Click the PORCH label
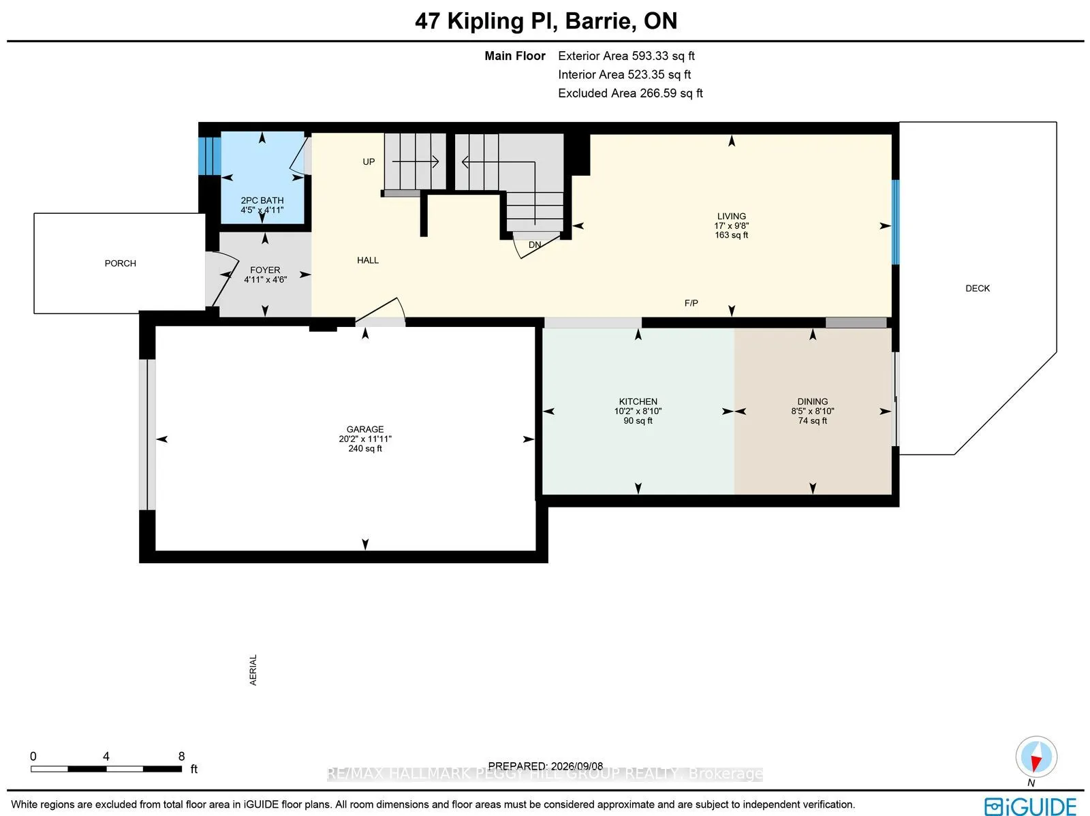120,263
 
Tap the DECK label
978,288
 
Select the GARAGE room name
365,429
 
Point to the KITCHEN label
638,402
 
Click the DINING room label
813,402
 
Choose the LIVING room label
732,217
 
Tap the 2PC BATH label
262,200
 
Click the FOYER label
265,270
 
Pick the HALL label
368,260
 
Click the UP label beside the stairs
369,162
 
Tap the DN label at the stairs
535,245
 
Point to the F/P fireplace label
691,303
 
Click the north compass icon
1036,757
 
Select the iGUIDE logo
1030,806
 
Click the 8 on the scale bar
182,756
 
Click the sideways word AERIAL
253,670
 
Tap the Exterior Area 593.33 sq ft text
626,56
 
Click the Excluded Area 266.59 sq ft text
630,93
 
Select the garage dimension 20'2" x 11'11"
365,439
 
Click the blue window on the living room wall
895,222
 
